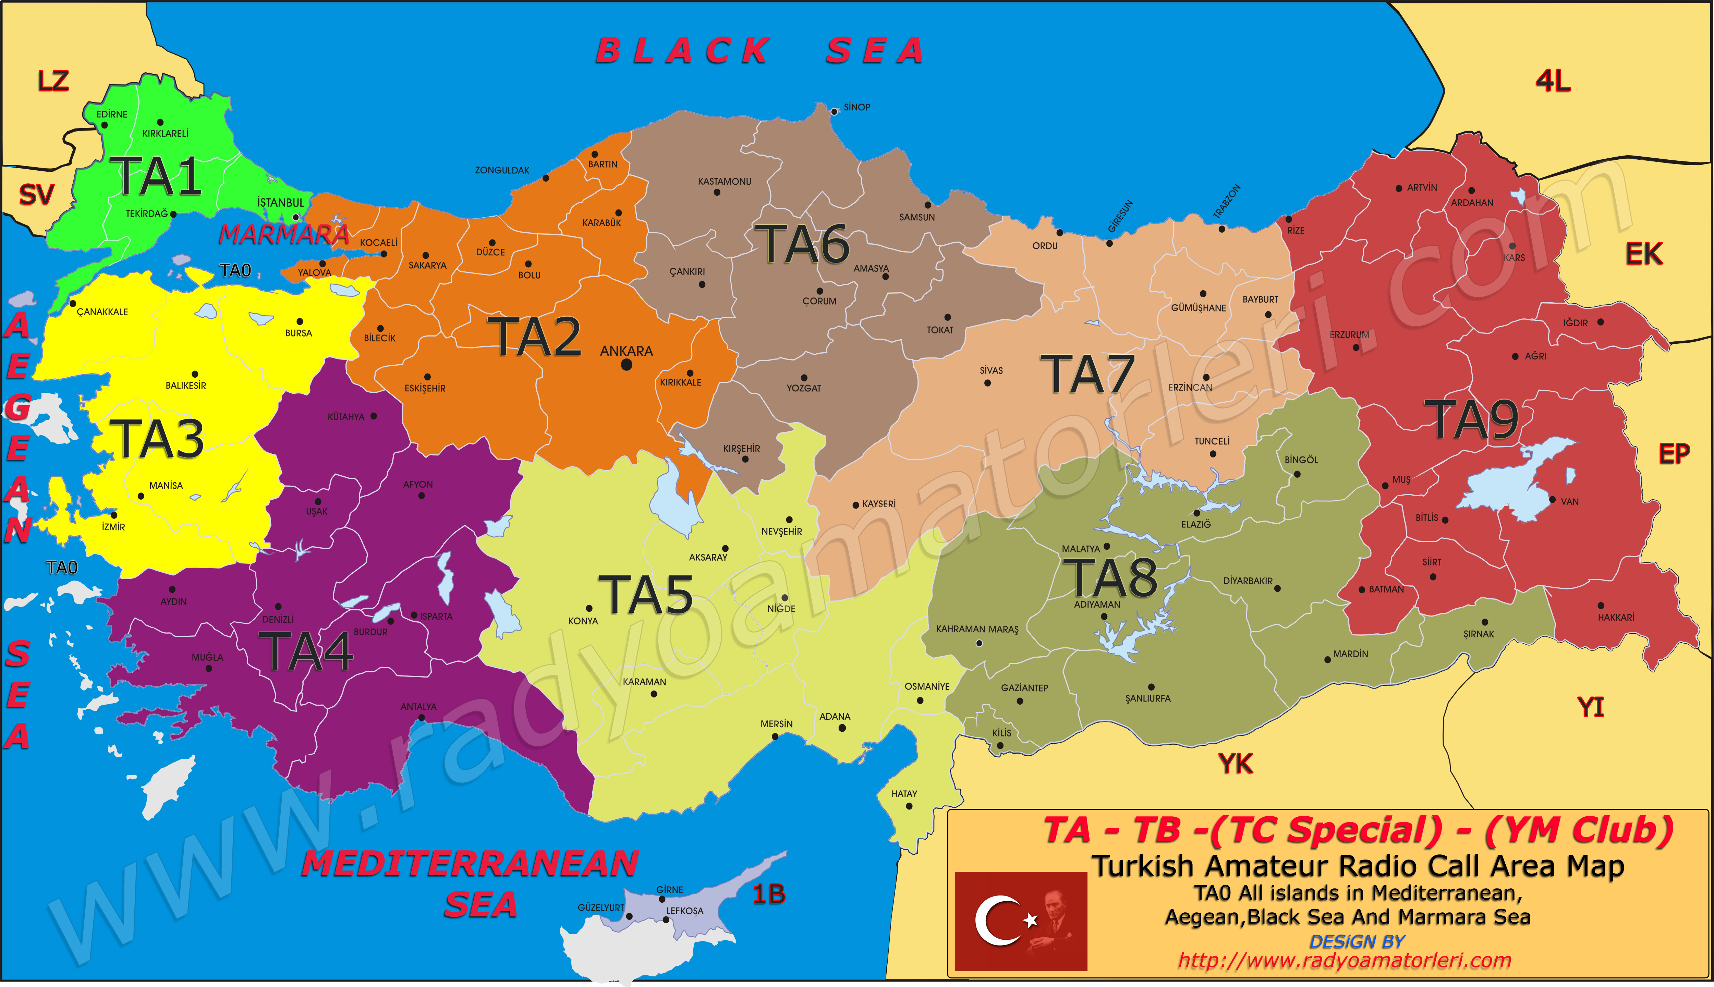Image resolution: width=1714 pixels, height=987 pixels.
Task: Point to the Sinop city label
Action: coord(857,107)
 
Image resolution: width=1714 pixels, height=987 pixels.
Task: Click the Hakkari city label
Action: coord(1616,618)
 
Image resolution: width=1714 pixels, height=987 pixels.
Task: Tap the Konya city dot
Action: coord(589,609)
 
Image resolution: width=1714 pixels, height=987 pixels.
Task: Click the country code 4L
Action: coord(1553,81)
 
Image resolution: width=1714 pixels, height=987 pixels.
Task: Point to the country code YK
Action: coord(1236,764)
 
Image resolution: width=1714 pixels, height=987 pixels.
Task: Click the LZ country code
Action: coord(53,81)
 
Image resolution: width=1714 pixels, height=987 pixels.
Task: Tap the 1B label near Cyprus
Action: coord(769,895)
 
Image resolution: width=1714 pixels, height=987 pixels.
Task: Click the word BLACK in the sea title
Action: coord(682,51)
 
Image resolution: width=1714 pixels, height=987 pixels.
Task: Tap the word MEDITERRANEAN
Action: coord(470,864)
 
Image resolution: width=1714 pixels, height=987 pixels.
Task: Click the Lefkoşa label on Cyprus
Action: coord(684,911)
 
